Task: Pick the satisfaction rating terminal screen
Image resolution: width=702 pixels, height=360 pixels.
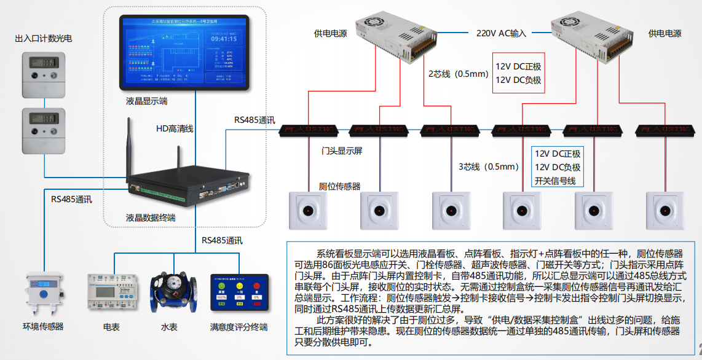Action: (239, 293)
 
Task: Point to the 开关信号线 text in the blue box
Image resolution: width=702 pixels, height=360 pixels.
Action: (554, 181)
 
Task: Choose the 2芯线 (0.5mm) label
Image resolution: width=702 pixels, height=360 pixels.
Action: (458, 74)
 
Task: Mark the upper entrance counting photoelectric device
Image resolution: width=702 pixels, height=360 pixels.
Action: (44, 73)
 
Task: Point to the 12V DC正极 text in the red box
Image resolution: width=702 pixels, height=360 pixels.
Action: (518, 66)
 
